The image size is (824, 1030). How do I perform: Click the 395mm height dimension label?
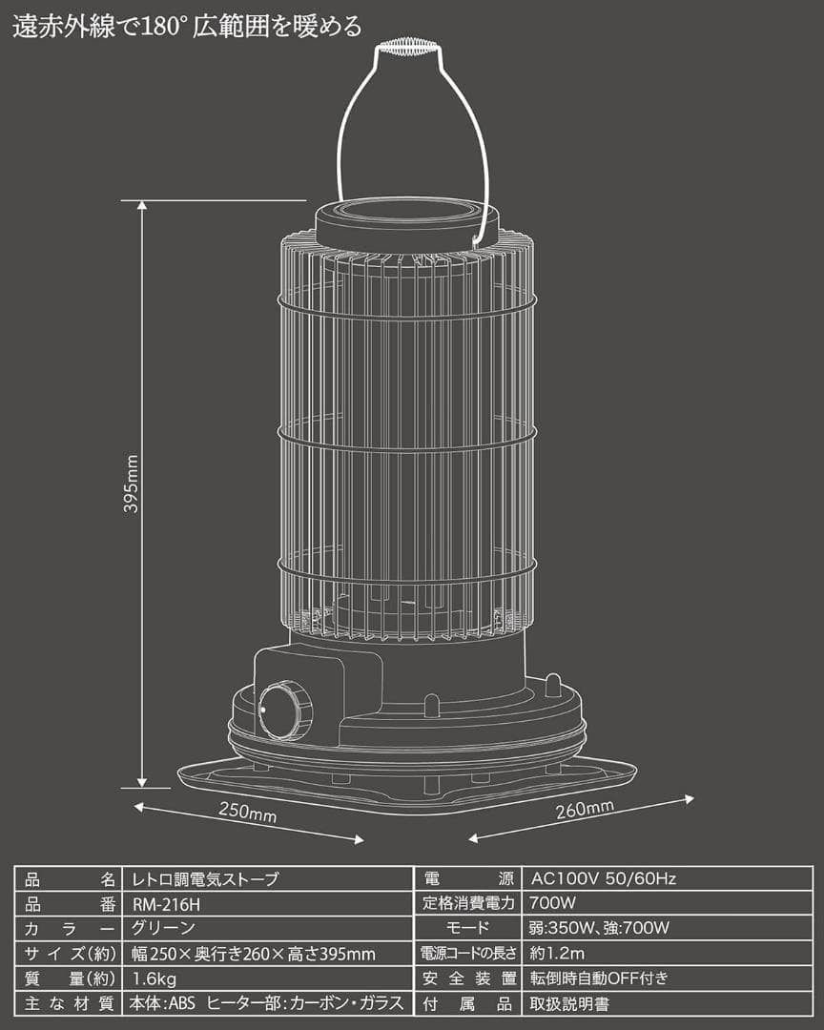[132, 484]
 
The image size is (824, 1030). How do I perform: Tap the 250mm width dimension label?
[247, 813]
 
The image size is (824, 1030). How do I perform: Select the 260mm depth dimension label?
[585, 813]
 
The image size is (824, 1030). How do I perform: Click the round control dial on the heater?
[285, 710]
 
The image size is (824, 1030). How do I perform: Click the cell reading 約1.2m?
[559, 953]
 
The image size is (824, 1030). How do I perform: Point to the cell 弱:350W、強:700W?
[599, 928]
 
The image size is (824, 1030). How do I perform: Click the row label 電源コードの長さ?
[467, 953]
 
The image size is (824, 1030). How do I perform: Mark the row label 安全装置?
[467, 978]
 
